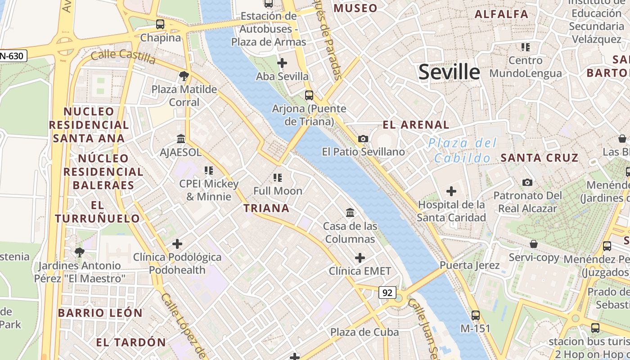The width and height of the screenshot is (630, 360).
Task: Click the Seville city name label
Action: click(449, 72)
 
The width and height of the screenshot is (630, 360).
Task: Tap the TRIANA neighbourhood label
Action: click(266, 208)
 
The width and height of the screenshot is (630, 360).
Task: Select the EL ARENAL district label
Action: click(416, 125)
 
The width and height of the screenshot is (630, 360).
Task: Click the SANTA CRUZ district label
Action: click(539, 158)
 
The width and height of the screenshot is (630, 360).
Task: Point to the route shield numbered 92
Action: click(387, 293)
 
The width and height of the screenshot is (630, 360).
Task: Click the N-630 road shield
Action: click(13, 56)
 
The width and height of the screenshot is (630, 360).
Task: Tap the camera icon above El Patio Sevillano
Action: click(363, 139)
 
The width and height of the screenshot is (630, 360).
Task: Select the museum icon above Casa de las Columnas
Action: click(350, 212)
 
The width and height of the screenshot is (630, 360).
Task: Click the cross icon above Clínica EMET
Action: click(360, 258)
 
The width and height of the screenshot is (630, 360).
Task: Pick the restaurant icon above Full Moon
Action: click(278, 178)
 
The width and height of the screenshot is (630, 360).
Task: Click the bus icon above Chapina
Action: click(160, 24)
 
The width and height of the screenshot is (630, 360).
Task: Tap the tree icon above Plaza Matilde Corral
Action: click(183, 76)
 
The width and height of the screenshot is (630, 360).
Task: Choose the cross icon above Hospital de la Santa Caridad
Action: click(451, 191)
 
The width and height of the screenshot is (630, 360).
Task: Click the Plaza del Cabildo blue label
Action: click(463, 151)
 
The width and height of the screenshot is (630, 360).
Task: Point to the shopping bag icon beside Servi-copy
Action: click(533, 244)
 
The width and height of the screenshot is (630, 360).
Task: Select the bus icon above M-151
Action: click(475, 315)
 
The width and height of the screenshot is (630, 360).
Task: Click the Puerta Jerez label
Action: click(469, 265)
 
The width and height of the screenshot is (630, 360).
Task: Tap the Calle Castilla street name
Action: click(123, 56)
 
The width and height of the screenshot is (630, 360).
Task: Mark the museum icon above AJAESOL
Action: click(181, 139)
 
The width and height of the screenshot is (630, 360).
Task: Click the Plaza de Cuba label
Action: click(364, 332)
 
